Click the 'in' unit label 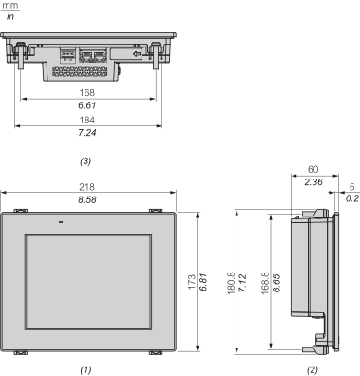coord(9,14)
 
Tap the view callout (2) coord(313,367)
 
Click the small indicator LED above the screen coord(60,224)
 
